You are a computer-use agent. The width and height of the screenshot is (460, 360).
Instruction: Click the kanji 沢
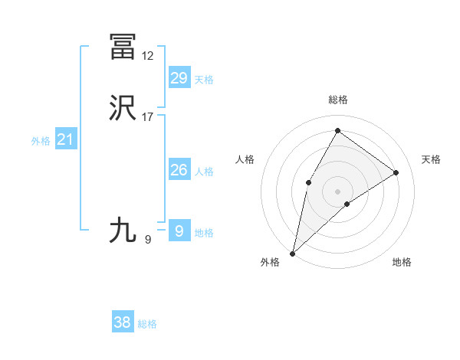[x=123, y=109]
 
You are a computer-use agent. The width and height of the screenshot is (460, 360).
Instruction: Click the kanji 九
[x=123, y=230]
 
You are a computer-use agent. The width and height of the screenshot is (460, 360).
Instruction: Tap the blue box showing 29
[x=179, y=77]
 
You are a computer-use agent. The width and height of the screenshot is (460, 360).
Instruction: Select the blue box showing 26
[x=179, y=170]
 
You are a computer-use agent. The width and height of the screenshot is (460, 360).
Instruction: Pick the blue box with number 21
[x=66, y=139]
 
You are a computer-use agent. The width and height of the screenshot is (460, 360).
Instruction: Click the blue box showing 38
[x=123, y=322]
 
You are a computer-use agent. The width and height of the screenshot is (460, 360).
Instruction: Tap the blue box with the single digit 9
[x=179, y=231]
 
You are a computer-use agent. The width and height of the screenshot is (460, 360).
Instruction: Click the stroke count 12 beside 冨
[x=148, y=56]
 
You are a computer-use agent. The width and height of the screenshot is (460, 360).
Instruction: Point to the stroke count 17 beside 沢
[x=148, y=117]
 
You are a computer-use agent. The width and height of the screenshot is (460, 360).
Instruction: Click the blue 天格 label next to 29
[x=204, y=79]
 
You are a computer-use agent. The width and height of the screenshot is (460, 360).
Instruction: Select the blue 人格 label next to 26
[x=204, y=172]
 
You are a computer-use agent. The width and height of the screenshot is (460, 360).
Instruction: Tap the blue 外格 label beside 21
[x=41, y=141]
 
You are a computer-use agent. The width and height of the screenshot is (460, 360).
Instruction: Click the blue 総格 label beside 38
[x=147, y=324]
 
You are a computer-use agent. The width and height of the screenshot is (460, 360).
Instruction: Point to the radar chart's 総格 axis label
[x=338, y=100]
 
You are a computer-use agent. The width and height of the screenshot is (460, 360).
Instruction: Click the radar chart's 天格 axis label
[x=431, y=159]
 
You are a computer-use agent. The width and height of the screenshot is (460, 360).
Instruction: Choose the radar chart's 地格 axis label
[x=402, y=262]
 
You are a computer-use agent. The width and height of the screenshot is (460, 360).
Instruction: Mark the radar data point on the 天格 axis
[x=396, y=173]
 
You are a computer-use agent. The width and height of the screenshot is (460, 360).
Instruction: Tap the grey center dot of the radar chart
[x=337, y=191]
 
